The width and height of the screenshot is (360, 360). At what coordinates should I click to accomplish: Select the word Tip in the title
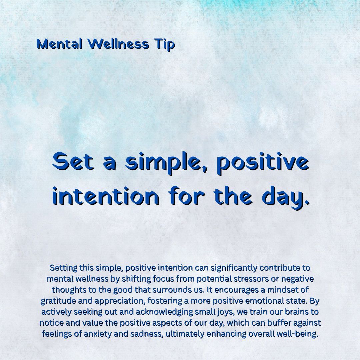click(x=164, y=45)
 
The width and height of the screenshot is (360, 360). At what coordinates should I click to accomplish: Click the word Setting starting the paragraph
click(x=63, y=268)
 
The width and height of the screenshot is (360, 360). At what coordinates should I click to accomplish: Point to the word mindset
click(x=272, y=290)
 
